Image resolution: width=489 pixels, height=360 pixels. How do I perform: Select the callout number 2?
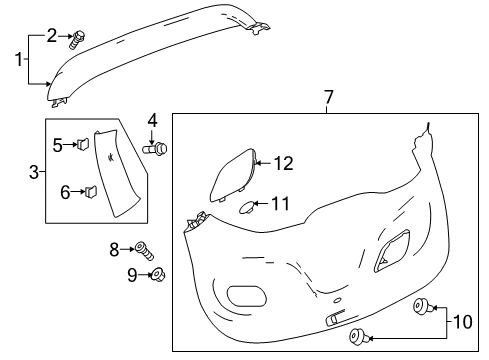52,36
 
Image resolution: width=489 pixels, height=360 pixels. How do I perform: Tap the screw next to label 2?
76,41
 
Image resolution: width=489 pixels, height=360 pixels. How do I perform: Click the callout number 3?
35,172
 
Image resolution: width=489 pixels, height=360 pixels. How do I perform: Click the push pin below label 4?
158,149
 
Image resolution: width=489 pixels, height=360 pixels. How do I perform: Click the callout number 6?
63,190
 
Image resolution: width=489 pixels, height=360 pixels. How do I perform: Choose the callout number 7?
327,98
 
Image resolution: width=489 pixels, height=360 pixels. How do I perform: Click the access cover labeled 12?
233,174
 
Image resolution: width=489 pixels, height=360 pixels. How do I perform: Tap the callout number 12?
285,162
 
